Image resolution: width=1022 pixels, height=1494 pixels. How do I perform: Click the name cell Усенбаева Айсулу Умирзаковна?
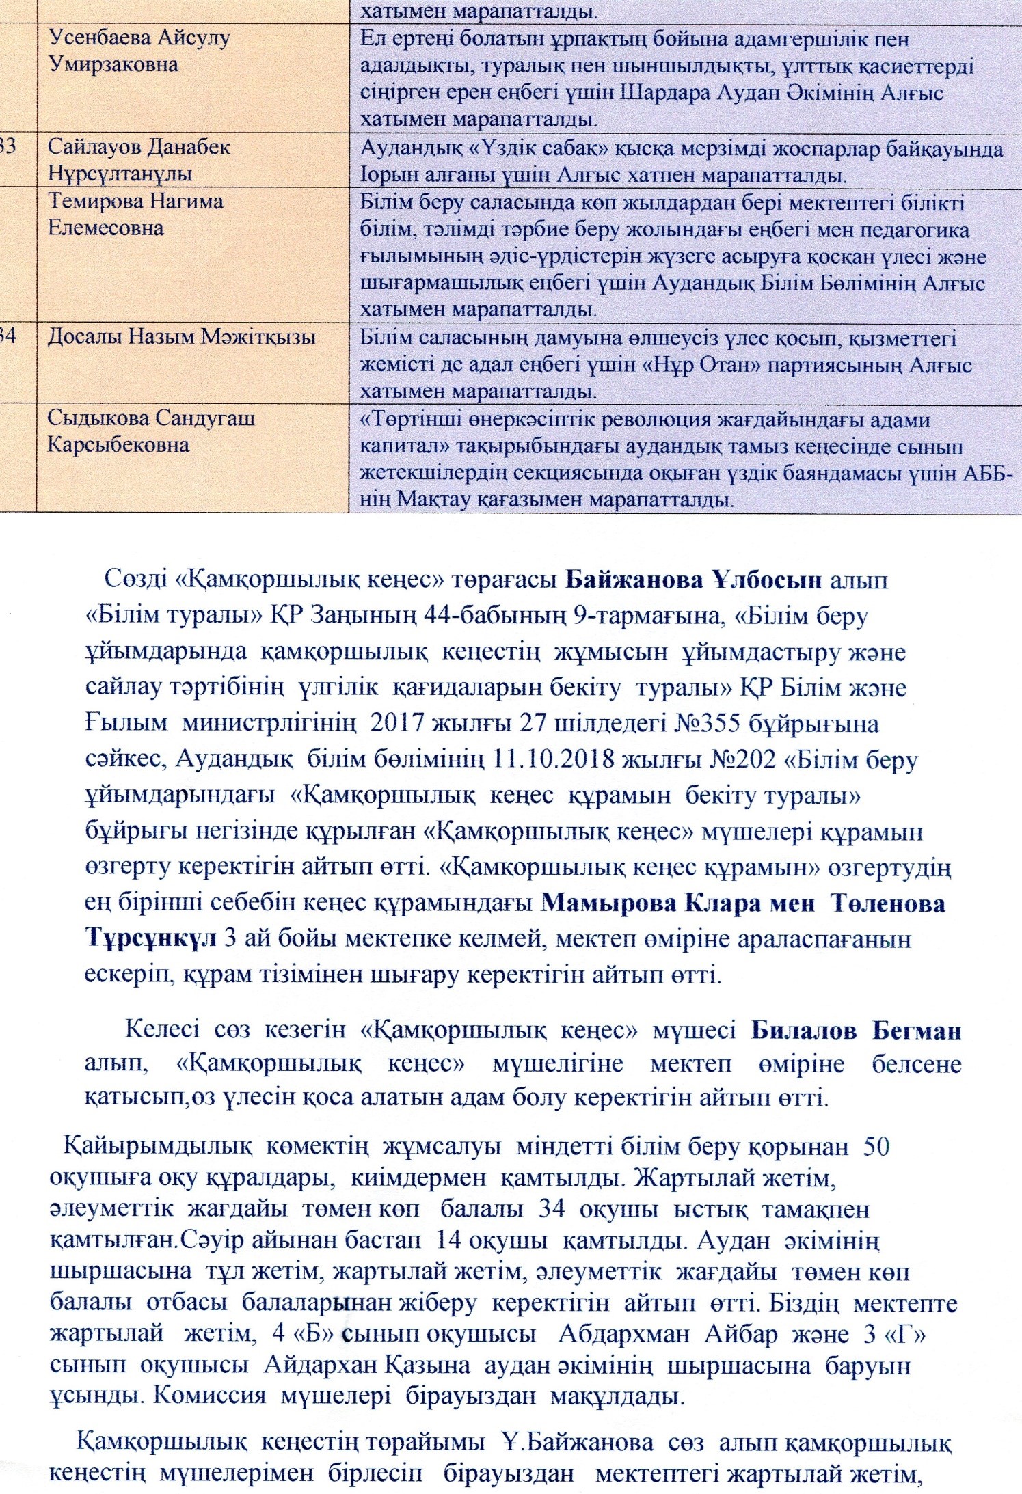[x=139, y=51]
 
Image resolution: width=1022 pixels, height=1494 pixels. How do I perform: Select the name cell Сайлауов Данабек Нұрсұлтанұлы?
[x=139, y=160]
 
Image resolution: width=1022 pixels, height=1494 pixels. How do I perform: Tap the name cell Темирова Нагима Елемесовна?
[x=135, y=214]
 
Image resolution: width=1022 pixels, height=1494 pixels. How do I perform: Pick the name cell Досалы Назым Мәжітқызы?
[x=181, y=337]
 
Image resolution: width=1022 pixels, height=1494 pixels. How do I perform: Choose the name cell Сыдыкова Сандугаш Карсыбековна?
[x=151, y=431]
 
